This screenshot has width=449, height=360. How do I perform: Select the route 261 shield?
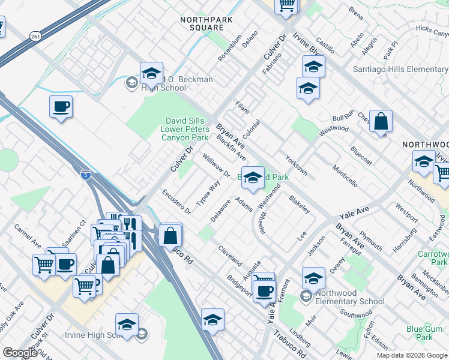pos(35,36)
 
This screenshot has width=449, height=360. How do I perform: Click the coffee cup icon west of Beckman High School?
pos(61,107)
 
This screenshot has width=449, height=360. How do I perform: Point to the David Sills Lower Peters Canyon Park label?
pos(185,129)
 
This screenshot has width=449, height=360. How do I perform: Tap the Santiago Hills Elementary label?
pos(400,70)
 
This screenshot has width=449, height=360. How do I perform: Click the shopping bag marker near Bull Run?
pos(381,122)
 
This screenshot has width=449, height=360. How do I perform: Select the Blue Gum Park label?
pos(424,334)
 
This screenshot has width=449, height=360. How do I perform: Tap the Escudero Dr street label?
pos(176,202)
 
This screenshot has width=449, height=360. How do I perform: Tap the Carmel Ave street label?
pos(28,238)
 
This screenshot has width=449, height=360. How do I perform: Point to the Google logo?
pos(19,353)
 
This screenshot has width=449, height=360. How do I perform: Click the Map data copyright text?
pos(411,355)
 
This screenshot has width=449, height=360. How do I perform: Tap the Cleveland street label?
pos(230,256)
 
